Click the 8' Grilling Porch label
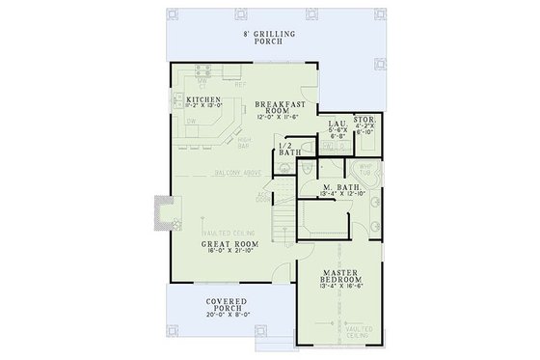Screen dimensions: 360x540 pyautogui.click(x=269, y=38)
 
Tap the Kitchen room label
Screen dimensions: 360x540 pyautogui.click(x=205, y=100)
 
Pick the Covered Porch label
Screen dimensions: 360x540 pyautogui.click(x=228, y=306)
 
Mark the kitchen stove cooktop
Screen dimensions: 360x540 pyautogui.click(x=176, y=100)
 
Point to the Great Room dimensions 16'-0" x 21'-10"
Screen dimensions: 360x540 pyautogui.click(x=228, y=256)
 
